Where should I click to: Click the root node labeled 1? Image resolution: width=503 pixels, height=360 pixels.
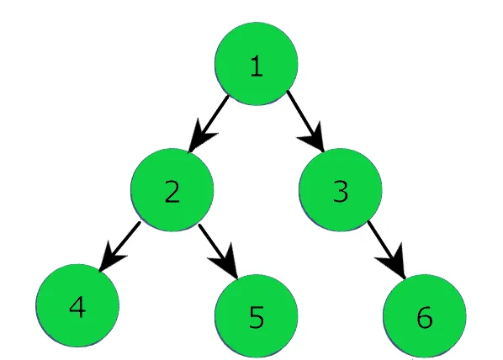(x=257, y=65)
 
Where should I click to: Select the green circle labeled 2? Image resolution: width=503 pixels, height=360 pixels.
(x=172, y=191)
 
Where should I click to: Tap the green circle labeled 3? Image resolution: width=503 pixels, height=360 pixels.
(x=341, y=191)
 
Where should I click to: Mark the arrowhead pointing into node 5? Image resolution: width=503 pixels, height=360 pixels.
(x=230, y=266)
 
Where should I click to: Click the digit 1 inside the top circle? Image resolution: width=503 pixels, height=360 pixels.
(x=257, y=66)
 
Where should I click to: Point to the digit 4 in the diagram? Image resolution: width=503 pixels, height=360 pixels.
(x=77, y=306)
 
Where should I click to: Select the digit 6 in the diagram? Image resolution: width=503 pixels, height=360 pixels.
(x=424, y=317)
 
